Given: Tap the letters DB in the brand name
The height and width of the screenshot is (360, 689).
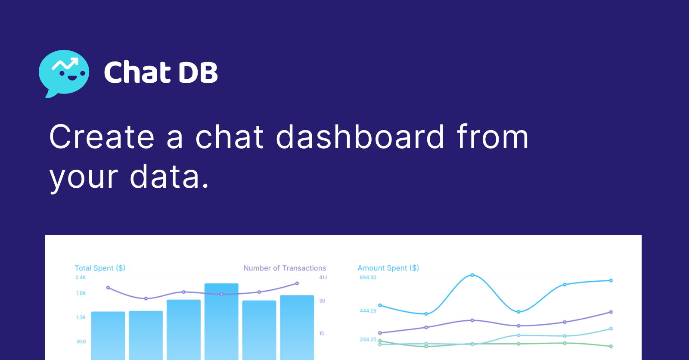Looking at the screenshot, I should (x=198, y=72).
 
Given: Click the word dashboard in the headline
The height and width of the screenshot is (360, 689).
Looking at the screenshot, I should (x=360, y=137).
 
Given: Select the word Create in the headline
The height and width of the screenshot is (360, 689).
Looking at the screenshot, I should (x=102, y=137).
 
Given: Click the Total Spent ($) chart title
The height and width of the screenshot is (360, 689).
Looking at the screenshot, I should (x=100, y=268).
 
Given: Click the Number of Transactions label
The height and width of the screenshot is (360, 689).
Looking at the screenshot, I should (x=284, y=268).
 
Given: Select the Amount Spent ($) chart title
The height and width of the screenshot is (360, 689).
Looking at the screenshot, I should (x=388, y=268).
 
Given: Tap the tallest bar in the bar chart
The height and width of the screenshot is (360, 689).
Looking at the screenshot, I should (x=221, y=321).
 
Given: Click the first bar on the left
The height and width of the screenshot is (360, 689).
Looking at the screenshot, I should (x=108, y=335).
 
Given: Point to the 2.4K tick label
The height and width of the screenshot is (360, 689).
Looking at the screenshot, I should (x=81, y=277).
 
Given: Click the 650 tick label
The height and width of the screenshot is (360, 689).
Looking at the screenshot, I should (x=81, y=341).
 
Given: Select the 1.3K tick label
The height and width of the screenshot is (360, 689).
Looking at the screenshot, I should (x=81, y=317).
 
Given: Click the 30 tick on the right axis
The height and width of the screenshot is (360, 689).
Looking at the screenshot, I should (x=322, y=301).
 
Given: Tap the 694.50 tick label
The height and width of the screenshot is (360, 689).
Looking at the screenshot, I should (x=368, y=277).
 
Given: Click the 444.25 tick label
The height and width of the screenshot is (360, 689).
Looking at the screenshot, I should (x=368, y=310).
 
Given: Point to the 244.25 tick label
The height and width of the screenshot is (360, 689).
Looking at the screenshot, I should (x=368, y=339).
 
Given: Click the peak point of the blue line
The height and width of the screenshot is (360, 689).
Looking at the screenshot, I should (x=472, y=275).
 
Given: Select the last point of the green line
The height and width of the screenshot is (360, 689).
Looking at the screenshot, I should (x=611, y=346).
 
